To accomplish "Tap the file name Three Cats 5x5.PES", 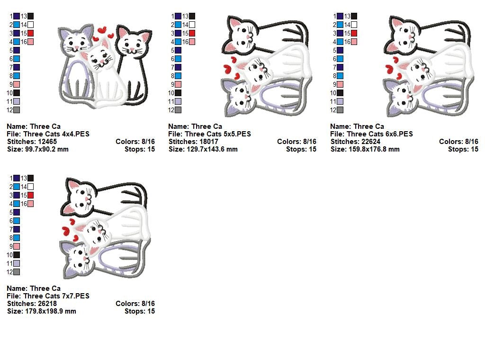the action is (x=218, y=134).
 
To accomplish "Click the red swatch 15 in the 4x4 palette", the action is (x=31, y=33).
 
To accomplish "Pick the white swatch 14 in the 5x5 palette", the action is (x=192, y=25).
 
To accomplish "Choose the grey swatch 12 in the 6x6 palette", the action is (x=340, y=110).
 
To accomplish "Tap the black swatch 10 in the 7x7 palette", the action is (x=17, y=255).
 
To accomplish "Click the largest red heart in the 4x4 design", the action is (x=102, y=30).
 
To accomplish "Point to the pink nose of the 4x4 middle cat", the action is (x=101, y=61).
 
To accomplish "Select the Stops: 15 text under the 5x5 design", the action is (x=301, y=149).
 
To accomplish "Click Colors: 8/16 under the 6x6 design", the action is (x=458, y=142).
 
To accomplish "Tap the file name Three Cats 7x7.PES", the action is (x=56, y=296).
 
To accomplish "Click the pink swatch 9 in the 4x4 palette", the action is (x=17, y=84).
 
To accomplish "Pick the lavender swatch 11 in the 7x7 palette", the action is (x=17, y=263).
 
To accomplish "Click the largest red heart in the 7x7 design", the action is (x=66, y=231).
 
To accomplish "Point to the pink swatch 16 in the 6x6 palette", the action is (x=354, y=42).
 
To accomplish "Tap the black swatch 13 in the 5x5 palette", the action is (x=192, y=16).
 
